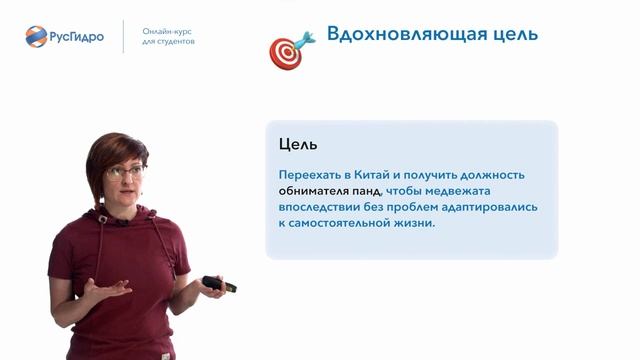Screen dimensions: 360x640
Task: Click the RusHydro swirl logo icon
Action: point(37,36)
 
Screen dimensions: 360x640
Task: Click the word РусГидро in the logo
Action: point(79,36)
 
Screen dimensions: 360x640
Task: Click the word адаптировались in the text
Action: point(485,207)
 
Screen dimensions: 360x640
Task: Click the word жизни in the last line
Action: point(418,223)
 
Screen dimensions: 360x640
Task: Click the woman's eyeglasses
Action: point(125,172)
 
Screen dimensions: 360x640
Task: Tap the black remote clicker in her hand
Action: point(219,284)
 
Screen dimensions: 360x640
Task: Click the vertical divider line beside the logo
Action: point(124,36)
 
